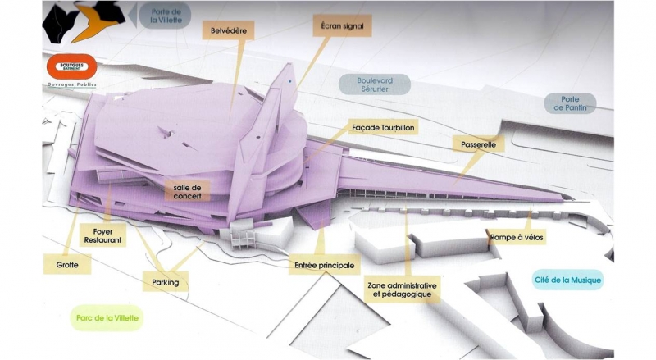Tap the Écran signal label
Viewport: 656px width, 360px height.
(343, 27)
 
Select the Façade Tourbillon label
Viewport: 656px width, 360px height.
(384, 129)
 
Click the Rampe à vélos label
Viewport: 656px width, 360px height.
(517, 237)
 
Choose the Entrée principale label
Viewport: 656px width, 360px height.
(325, 266)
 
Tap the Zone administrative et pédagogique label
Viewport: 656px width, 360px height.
(402, 288)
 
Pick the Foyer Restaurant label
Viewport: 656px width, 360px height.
(102, 235)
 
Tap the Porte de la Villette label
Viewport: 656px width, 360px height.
(170, 16)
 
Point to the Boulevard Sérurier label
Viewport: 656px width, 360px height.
(375, 85)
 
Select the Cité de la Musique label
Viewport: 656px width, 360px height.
(567, 280)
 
